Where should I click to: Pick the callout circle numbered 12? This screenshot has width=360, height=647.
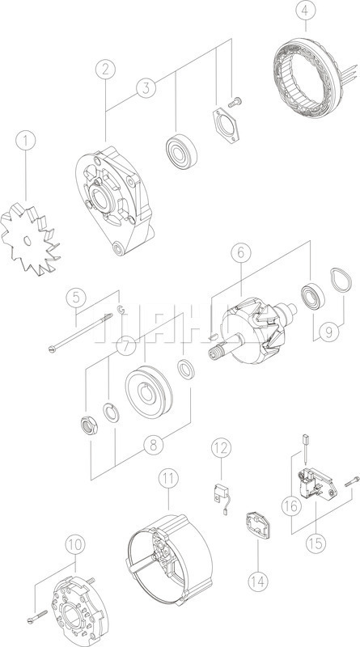click(221, 447)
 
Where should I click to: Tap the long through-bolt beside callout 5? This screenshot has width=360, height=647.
click(81, 337)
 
